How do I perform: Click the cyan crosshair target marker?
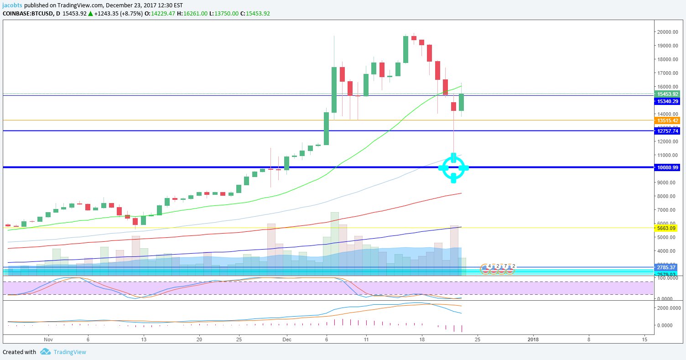(453, 168)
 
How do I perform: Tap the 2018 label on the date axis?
(533, 339)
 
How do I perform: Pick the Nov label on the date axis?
(48, 339)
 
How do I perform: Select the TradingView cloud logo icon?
(45, 352)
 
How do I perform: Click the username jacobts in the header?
(12, 5)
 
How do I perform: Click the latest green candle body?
(462, 102)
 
